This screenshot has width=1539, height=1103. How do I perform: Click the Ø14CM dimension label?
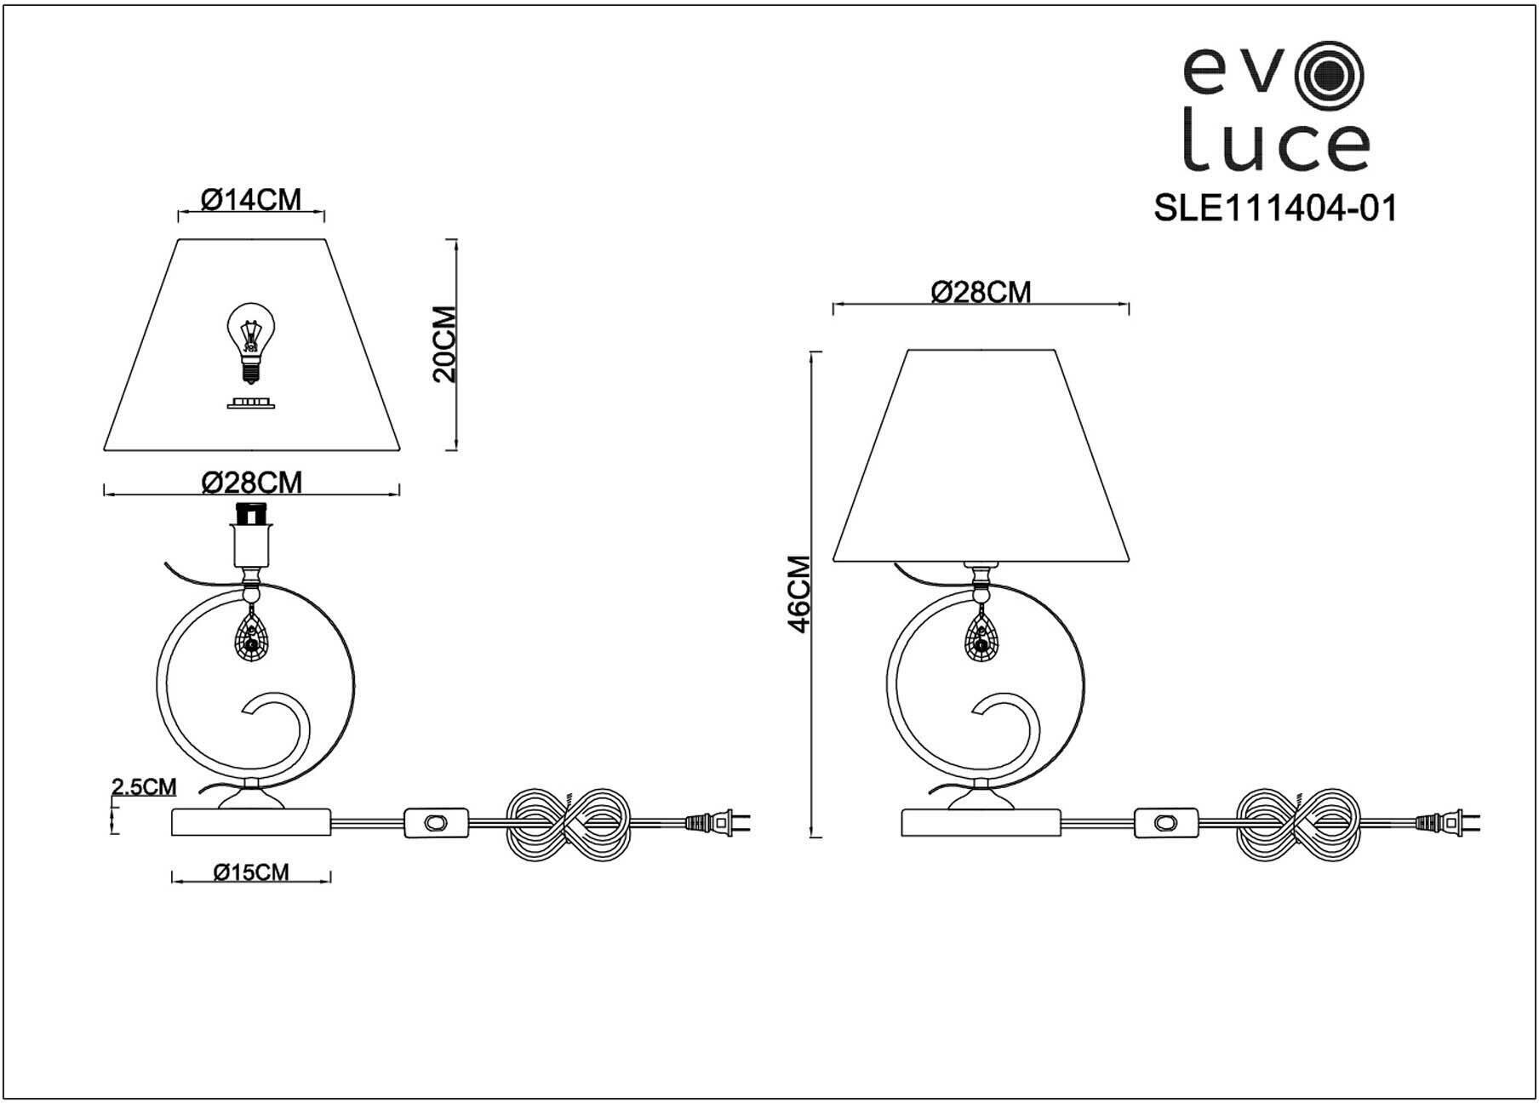pyautogui.click(x=251, y=199)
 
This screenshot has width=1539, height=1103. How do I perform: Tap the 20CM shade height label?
pyautogui.click(x=444, y=344)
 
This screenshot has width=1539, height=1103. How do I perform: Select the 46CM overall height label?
pyautogui.click(x=799, y=593)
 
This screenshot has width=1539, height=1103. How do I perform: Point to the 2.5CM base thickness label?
pyautogui.click(x=144, y=786)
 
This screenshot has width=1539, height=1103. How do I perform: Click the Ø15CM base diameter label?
pyautogui.click(x=251, y=872)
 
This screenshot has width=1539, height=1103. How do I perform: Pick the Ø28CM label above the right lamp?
pyautogui.click(x=981, y=292)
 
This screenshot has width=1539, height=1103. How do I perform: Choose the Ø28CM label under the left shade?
pyautogui.click(x=251, y=483)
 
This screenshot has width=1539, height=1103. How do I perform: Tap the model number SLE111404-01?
pyautogui.click(x=1275, y=209)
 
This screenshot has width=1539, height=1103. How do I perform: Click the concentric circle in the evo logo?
pyautogui.click(x=1329, y=77)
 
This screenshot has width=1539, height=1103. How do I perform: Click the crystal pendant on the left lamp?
pyautogui.click(x=251, y=640)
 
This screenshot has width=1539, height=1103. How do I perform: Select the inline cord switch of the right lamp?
pyautogui.click(x=1165, y=823)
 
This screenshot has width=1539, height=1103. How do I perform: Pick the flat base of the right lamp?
pyautogui.click(x=981, y=823)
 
